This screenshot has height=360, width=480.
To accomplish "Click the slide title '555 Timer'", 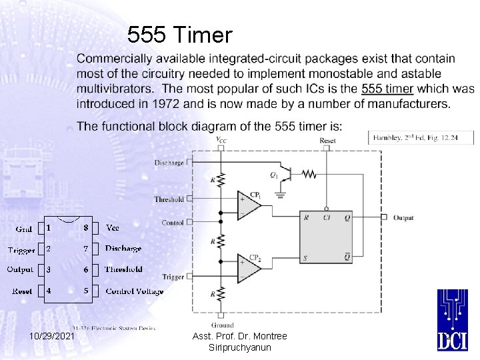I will click(179, 34).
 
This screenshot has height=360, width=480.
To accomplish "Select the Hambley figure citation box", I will click(421, 137).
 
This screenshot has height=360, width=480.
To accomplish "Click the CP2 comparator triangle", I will click(249, 268).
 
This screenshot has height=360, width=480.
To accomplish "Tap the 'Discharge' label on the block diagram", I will click(169, 163).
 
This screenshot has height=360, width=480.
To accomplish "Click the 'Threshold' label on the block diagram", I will click(169, 199).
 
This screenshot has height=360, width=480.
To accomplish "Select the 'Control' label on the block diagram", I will click(173, 223).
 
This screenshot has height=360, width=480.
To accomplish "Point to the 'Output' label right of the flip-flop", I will click(403, 218).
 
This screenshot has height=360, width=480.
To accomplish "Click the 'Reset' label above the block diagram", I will click(327, 141).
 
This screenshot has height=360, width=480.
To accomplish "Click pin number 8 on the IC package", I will click(85, 228).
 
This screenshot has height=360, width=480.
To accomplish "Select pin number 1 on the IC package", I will click(49, 228).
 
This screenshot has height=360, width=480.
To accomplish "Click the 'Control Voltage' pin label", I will click(134, 291).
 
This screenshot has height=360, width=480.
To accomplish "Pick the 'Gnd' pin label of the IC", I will click(24, 229).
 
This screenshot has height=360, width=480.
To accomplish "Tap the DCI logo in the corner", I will click(452, 320).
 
